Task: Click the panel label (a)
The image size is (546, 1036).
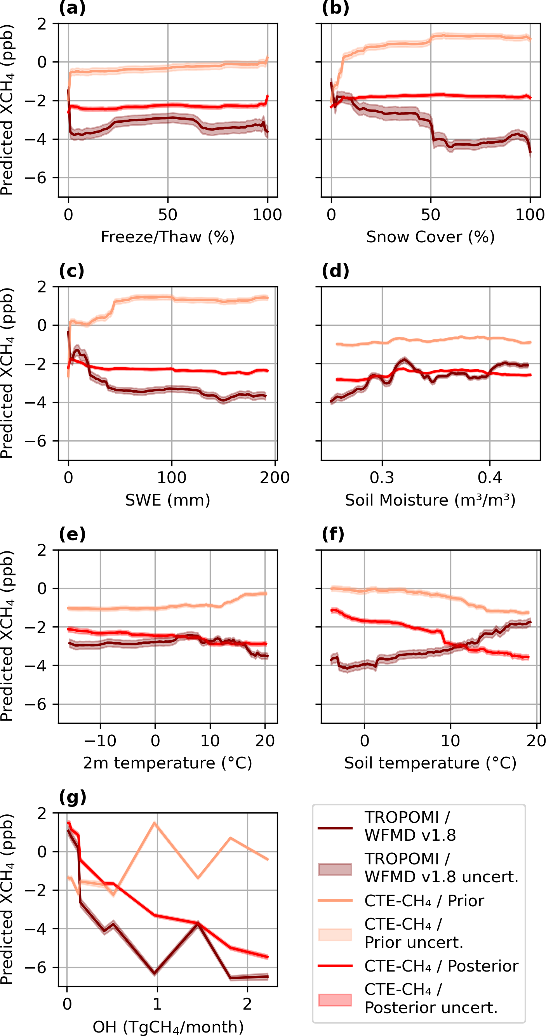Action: point(72,8)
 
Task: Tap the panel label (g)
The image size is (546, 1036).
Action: point(72,797)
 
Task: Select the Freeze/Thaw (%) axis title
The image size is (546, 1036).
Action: point(168,237)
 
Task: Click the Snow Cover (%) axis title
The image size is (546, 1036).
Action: point(430,237)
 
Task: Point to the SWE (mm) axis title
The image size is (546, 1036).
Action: point(168,500)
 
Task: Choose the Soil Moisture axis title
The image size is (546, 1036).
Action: point(430,500)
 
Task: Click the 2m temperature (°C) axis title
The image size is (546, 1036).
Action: point(168,763)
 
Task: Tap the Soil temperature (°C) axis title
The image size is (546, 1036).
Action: point(430,763)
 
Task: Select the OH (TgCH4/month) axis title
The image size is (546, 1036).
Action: point(168,1027)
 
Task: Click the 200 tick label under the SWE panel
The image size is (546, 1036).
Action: point(275,478)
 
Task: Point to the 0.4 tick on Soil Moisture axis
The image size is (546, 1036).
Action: point(490,478)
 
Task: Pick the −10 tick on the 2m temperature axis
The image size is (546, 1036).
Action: point(101,741)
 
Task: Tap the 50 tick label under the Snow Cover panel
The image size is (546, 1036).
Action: point(431,215)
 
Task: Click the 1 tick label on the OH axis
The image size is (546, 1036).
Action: point(157,1004)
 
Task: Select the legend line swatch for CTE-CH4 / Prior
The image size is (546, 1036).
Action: point(335,901)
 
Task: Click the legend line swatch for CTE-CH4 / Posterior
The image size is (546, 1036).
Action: point(335,966)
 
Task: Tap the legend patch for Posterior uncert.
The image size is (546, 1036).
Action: point(335,1000)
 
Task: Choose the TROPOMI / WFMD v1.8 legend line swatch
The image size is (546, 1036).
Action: point(335,829)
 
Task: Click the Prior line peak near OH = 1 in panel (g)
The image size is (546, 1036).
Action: point(155,823)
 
